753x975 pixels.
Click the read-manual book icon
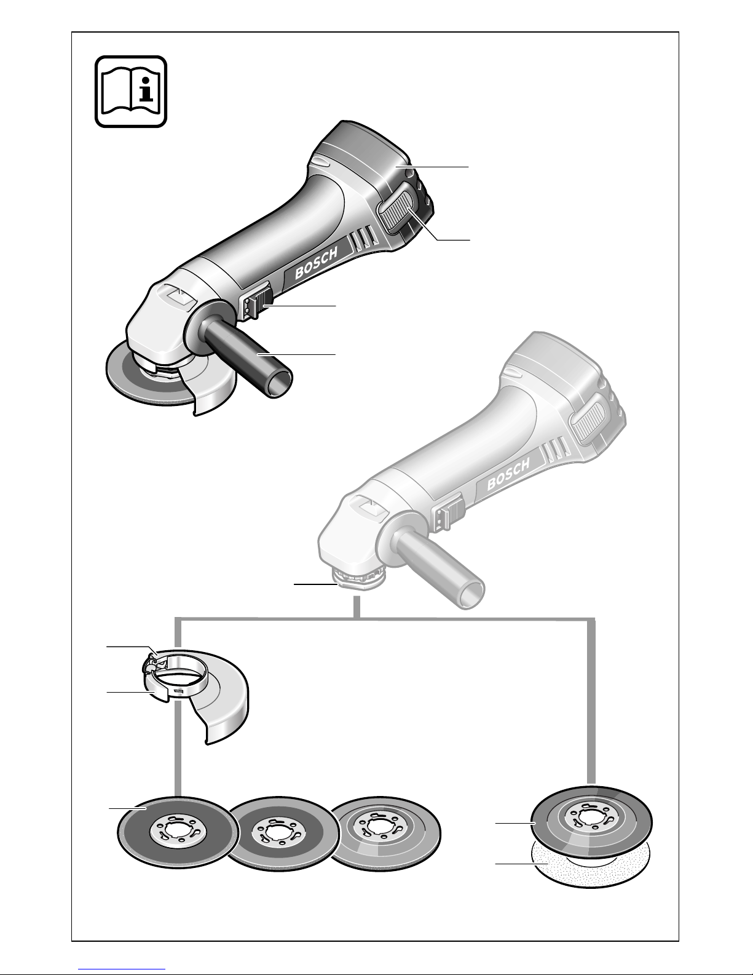point(131,92)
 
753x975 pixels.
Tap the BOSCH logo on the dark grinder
point(317,265)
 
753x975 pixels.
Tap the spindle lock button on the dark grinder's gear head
point(178,298)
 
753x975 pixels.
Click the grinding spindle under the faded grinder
point(358,579)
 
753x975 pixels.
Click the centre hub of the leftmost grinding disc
point(178,833)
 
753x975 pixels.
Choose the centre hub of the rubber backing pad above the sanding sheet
point(591,818)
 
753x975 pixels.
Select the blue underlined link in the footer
point(122,968)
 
